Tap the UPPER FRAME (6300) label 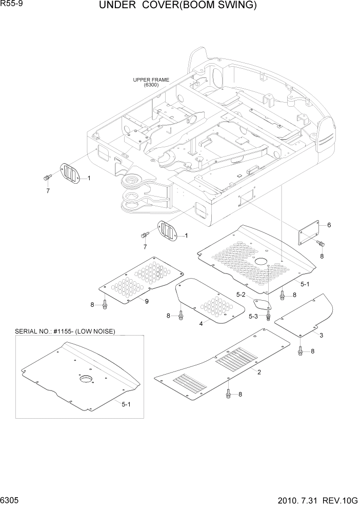click(x=151, y=82)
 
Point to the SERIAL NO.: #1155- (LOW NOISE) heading click(x=65, y=331)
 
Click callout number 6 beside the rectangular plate click(x=329, y=225)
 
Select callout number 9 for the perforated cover click(x=146, y=301)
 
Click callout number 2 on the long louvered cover click(x=259, y=371)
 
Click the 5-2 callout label click(x=241, y=294)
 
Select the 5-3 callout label click(x=253, y=316)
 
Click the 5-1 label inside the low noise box click(x=126, y=404)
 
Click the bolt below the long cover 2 click(x=228, y=394)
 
